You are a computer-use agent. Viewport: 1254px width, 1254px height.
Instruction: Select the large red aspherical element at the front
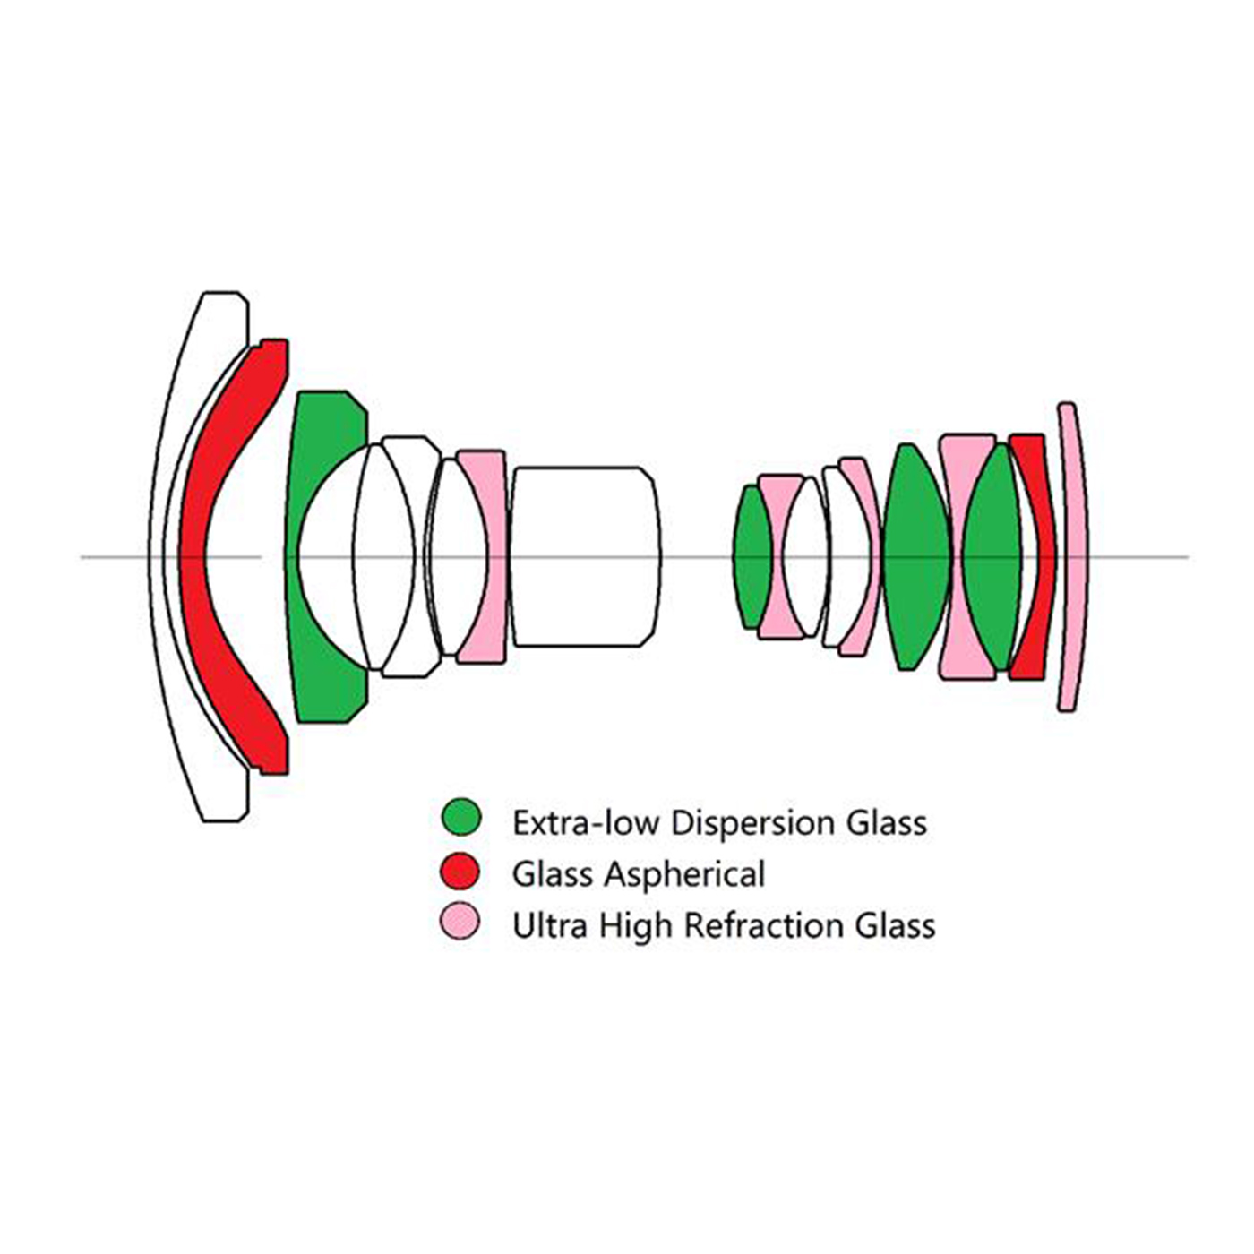click(x=193, y=555)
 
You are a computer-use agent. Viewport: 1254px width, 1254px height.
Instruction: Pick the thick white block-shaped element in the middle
click(x=584, y=555)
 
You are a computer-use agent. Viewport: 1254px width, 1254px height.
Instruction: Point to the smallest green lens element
click(x=752, y=555)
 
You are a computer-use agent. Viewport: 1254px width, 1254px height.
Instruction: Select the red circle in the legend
click(x=461, y=872)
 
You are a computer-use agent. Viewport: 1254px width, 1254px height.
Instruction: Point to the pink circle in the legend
click(x=461, y=923)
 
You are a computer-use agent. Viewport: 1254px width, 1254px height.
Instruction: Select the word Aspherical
click(x=685, y=874)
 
